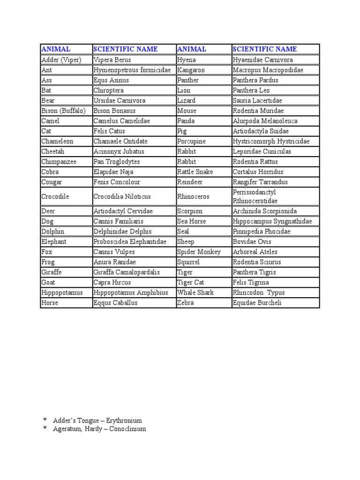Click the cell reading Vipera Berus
pyautogui.click(x=112, y=60)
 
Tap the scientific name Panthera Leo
pyautogui.click(x=251, y=90)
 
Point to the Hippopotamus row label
pyautogui.click(x=62, y=292)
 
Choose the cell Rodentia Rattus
pyautogui.click(x=255, y=162)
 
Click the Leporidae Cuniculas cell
pyautogui.click(x=262, y=151)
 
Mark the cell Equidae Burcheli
pyautogui.click(x=258, y=303)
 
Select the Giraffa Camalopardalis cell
pyautogui.click(x=127, y=272)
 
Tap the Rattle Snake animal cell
pyautogui.click(x=195, y=172)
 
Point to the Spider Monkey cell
pyautogui.click(x=199, y=252)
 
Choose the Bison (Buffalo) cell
pyautogui.click(x=63, y=111)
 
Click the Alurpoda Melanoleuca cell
pyautogui.click(x=265, y=121)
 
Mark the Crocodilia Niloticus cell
pyautogui.click(x=122, y=196)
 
